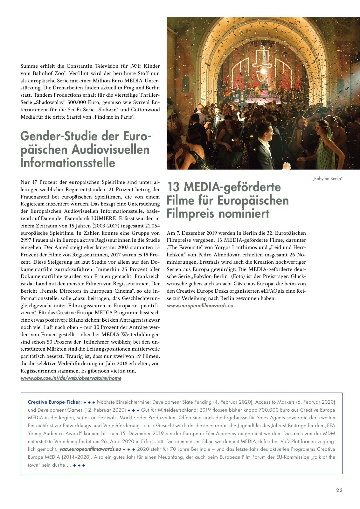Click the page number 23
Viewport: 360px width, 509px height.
(x=339, y=490)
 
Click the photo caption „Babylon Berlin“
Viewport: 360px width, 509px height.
(x=327, y=178)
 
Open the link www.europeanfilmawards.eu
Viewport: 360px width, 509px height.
(x=200, y=305)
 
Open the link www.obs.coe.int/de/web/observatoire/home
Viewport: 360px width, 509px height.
(x=71, y=378)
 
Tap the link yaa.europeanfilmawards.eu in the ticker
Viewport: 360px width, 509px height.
(x=90, y=449)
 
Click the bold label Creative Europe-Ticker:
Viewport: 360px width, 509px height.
(x=55, y=402)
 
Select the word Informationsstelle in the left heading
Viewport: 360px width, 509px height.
(x=68, y=163)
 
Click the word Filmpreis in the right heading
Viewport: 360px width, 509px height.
(x=190, y=213)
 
